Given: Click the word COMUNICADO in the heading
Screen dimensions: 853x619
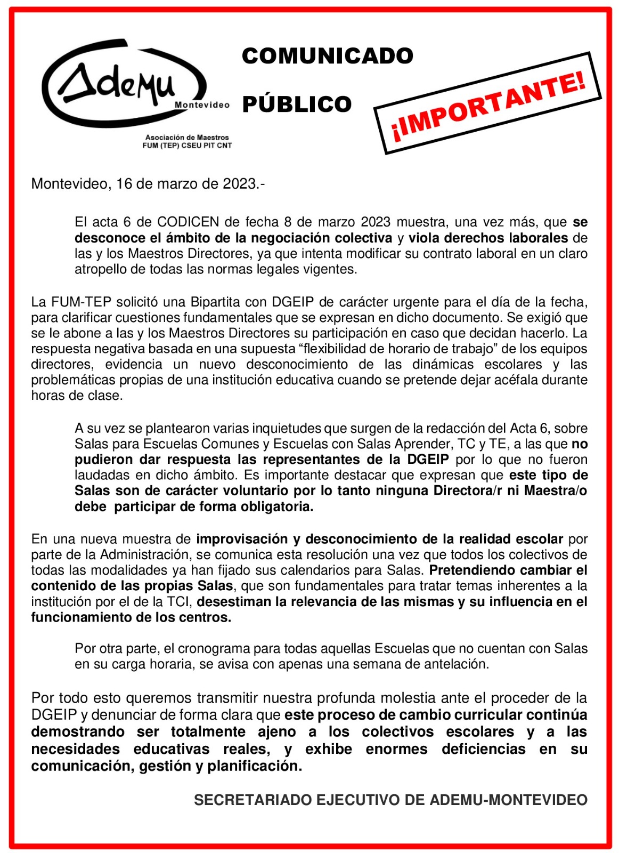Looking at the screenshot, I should (327, 56).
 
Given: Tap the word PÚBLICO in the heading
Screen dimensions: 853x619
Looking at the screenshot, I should (297, 104).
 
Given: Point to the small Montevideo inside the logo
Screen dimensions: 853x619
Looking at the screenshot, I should (202, 105).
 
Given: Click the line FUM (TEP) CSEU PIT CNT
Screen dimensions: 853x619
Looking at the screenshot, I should (187, 146).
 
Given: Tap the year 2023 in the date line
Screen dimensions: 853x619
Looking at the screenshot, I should (239, 184).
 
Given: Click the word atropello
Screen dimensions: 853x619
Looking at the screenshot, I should (100, 269).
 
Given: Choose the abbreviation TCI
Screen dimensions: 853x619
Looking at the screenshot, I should (180, 602).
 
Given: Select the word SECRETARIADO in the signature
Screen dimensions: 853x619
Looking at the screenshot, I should (253, 800).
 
